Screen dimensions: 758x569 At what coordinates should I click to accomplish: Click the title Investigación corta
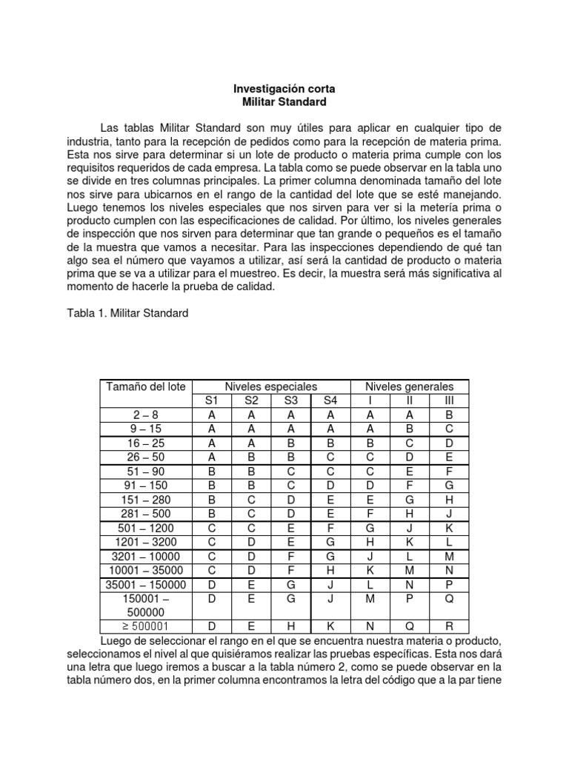pyautogui.click(x=284, y=88)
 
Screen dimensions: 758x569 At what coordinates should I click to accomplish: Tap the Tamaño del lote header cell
pyautogui.click(x=146, y=387)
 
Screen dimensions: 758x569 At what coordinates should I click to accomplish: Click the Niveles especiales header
pyautogui.click(x=270, y=387)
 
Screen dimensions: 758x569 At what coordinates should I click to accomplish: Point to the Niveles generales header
pyautogui.click(x=409, y=387)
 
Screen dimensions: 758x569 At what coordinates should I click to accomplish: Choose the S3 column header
pyautogui.click(x=291, y=401)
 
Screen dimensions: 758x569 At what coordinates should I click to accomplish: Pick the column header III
pyautogui.click(x=448, y=401)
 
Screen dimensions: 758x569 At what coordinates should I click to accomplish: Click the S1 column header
pyautogui.click(x=213, y=401)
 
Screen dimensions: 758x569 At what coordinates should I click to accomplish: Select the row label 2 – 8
pyautogui.click(x=146, y=415)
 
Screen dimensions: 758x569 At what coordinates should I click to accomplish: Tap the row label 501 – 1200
pyautogui.click(x=146, y=528)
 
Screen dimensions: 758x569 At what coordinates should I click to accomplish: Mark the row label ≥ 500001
pyautogui.click(x=146, y=626)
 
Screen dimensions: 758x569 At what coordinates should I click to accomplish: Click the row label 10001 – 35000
pyautogui.click(x=146, y=570)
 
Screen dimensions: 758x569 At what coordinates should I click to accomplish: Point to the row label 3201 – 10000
pyautogui.click(x=146, y=556)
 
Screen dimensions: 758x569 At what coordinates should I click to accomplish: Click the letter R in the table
pyautogui.click(x=448, y=626)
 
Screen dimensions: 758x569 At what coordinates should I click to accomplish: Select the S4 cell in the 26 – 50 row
pyautogui.click(x=330, y=457)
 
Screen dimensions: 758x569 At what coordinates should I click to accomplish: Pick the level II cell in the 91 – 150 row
pyautogui.click(x=409, y=486)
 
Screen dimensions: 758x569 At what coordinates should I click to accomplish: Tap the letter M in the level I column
pyautogui.click(x=370, y=598)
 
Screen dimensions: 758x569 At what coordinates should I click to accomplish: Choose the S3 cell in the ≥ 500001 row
pyautogui.click(x=291, y=626)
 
